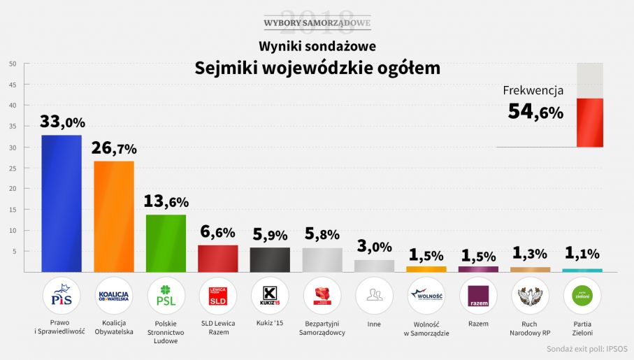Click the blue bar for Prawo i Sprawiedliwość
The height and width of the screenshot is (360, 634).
click(62, 203)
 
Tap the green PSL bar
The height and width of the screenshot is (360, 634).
click(166, 243)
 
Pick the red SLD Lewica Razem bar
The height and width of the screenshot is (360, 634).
click(218, 258)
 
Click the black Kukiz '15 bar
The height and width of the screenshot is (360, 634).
click(270, 259)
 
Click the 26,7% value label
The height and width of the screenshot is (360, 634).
click(114, 148)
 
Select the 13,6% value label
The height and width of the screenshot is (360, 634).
click(166, 201)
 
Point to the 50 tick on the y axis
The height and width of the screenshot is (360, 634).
click(13, 64)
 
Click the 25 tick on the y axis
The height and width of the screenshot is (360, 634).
click(13, 168)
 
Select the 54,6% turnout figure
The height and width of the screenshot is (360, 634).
click(535, 111)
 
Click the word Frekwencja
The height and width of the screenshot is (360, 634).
click(533, 90)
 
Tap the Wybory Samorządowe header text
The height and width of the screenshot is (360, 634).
click(317, 23)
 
